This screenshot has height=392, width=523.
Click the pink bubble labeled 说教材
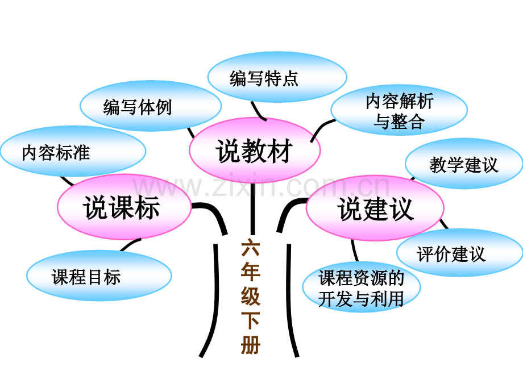[x=255, y=150]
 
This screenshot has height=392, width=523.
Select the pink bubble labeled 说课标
[x=124, y=207]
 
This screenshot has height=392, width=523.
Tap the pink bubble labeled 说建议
[x=375, y=208]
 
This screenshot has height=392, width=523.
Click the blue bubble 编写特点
[x=277, y=77]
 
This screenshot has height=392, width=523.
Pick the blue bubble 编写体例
[x=151, y=106]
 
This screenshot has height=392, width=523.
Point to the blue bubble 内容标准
[x=73, y=151]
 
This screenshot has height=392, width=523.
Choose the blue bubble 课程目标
[x=99, y=276]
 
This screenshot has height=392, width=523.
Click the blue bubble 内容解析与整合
[x=399, y=110]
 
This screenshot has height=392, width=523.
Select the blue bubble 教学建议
[x=464, y=164]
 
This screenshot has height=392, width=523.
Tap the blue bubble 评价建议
[x=460, y=252]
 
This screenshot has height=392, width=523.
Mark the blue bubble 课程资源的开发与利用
[x=362, y=287]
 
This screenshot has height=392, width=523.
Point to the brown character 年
[x=251, y=272]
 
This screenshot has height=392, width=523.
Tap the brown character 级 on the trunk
[x=251, y=295]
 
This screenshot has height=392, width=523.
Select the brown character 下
[x=251, y=320]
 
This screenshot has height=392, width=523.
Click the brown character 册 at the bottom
[x=251, y=344]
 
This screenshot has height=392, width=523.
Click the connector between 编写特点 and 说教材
[x=258, y=112]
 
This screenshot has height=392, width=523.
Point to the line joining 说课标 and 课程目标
[x=130, y=244]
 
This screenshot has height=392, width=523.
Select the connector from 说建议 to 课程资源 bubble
[x=355, y=251]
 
